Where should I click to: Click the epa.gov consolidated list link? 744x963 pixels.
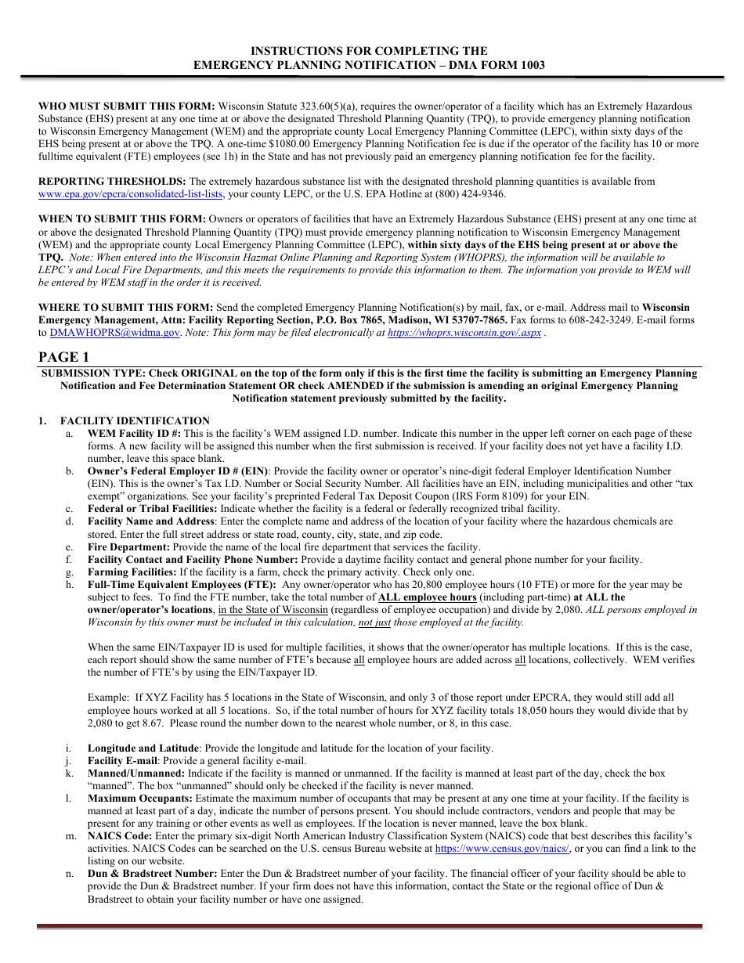pyautogui.click(x=131, y=194)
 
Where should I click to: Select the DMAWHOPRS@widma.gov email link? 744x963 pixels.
pyautogui.click(x=114, y=333)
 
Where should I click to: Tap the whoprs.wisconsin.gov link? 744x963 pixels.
pyautogui.click(x=464, y=333)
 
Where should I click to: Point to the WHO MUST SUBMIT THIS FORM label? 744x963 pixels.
pyautogui.click(x=126, y=106)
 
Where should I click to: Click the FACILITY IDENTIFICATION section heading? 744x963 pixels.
pyautogui.click(x=135, y=420)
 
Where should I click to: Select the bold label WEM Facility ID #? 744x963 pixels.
pyautogui.click(x=134, y=434)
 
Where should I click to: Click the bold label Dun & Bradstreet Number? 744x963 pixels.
pyautogui.click(x=152, y=874)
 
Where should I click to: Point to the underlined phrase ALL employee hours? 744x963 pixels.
pyautogui.click(x=427, y=597)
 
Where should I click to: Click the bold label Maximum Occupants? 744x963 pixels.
pyautogui.click(x=139, y=799)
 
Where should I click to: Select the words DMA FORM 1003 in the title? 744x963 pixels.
pyautogui.click(x=502, y=65)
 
